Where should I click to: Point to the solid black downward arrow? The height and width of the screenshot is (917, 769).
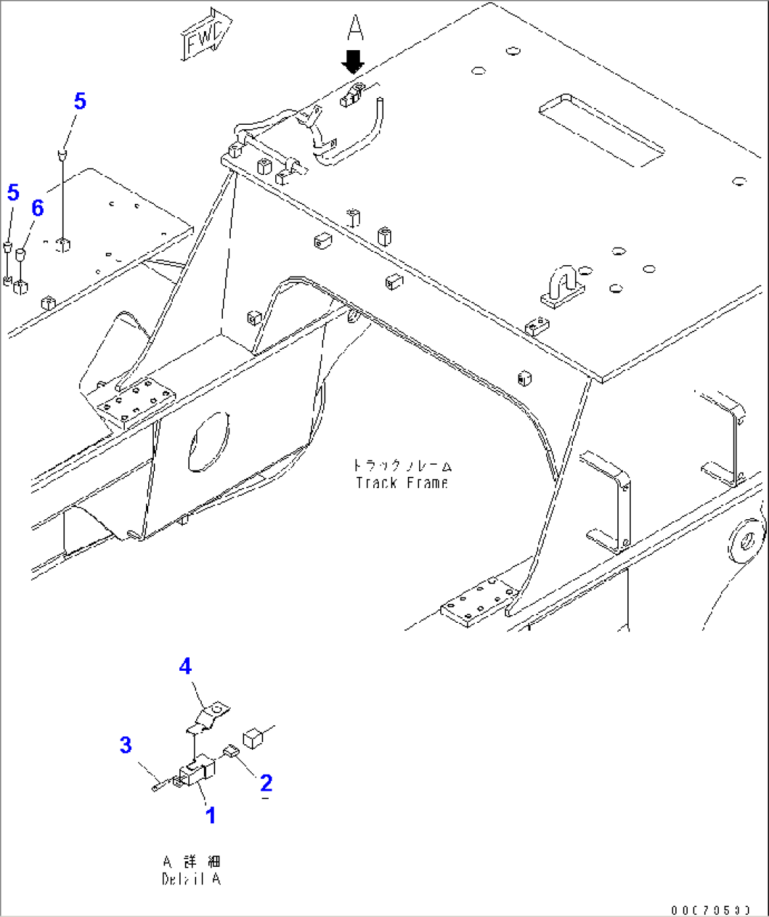coord(353,62)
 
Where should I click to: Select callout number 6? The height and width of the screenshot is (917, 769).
coord(37,208)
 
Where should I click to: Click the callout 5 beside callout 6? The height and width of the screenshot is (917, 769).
coord(13,193)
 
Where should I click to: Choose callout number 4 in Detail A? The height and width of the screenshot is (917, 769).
coord(185,666)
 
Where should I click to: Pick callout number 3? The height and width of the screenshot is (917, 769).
coord(126,745)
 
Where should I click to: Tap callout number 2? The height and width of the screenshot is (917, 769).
coord(266,783)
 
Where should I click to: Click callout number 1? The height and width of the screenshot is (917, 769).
coord(210,815)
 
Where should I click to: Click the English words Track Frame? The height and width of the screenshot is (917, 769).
coord(402,483)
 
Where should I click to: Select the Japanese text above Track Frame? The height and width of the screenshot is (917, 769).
coord(402,466)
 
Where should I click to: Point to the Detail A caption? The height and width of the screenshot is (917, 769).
coord(191,870)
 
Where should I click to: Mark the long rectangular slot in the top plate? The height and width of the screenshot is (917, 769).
coord(601,130)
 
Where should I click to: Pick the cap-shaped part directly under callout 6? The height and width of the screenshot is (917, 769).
coord(21,253)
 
